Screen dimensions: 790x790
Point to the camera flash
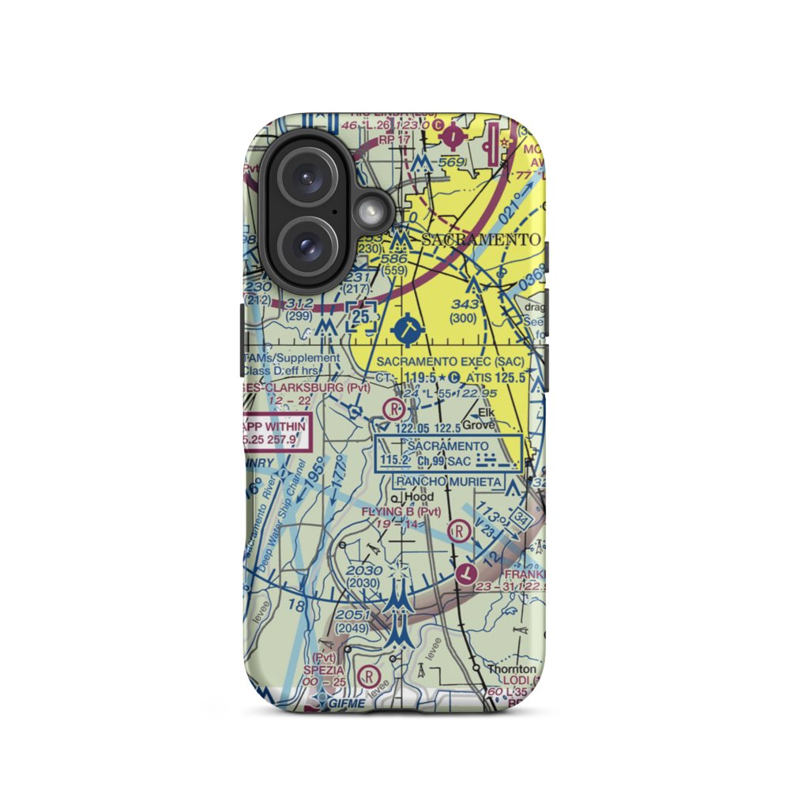pyautogui.click(x=368, y=211)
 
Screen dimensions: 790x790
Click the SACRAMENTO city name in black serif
pyautogui.click(x=481, y=239)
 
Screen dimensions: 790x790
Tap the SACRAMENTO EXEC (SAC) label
pyautogui.click(x=450, y=361)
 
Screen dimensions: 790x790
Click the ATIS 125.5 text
pyautogui.click(x=500, y=378)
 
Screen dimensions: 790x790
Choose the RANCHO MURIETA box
pyautogui.click(x=448, y=481)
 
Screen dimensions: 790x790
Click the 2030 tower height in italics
pyautogui.click(x=365, y=570)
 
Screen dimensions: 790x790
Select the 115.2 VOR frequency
pyautogui.click(x=395, y=461)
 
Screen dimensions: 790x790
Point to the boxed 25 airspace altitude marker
pyautogui.click(x=362, y=316)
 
